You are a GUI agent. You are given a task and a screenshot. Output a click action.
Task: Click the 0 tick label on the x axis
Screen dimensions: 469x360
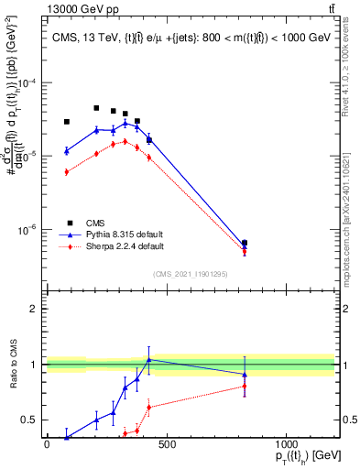[47, 444]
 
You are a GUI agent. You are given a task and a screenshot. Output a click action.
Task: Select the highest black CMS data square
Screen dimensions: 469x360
[96, 108]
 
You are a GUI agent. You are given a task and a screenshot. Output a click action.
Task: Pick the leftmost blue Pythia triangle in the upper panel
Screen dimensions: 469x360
[67, 151]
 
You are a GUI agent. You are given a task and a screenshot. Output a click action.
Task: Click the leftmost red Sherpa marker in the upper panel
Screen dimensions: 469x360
[67, 172]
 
